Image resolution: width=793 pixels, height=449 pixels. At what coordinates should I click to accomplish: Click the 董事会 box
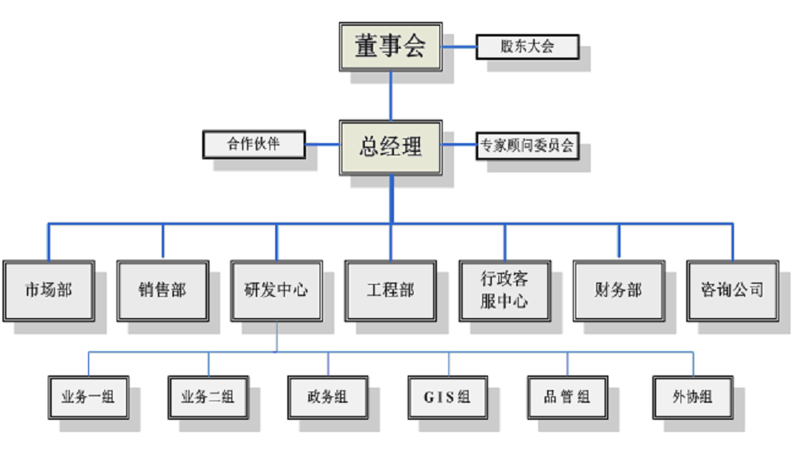click(390, 47)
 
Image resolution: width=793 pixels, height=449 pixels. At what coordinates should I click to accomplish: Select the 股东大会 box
click(527, 47)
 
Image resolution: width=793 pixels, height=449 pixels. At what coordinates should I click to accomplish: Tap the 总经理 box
click(391, 147)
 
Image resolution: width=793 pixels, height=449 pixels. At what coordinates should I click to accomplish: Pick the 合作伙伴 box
click(253, 145)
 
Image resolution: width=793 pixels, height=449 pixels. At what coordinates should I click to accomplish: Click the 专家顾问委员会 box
click(527, 147)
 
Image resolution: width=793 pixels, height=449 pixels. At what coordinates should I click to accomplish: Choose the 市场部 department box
click(49, 289)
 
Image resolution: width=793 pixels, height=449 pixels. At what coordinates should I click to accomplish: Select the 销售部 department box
click(163, 289)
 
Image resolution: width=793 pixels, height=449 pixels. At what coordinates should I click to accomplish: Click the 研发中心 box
click(276, 289)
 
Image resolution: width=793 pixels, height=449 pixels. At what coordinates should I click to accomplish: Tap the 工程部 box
click(390, 289)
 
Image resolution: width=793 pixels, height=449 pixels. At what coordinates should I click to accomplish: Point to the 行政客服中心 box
click(504, 289)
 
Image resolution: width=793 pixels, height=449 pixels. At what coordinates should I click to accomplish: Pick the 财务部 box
click(618, 289)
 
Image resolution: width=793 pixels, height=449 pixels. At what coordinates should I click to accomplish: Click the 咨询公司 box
click(732, 289)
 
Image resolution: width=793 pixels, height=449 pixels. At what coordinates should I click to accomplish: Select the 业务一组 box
click(88, 396)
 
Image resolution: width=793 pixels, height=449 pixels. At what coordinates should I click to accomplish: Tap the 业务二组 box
click(208, 396)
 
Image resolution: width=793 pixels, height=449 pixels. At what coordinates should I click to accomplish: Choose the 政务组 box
click(328, 396)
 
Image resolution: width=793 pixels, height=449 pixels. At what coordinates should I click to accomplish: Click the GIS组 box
click(447, 396)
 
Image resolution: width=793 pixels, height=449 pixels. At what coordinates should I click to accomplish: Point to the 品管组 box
click(566, 396)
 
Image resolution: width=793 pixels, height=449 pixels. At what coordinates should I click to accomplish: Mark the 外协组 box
click(692, 396)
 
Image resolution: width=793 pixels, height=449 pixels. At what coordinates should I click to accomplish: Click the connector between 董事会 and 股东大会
click(459, 47)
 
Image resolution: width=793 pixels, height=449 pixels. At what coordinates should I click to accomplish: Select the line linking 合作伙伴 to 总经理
click(322, 145)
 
